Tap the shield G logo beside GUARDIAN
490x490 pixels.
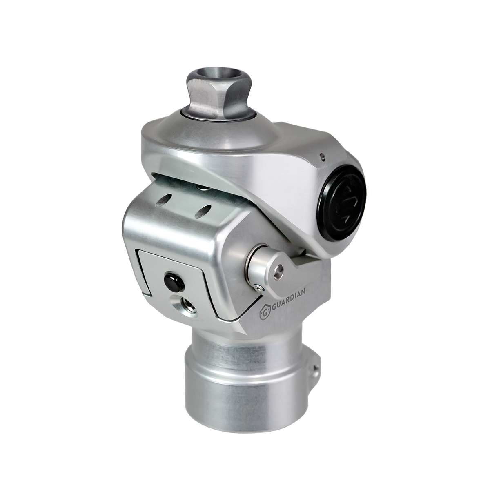tap(265, 313)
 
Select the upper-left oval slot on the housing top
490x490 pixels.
tap(163, 200)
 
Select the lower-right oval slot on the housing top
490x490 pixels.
tap(203, 212)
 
